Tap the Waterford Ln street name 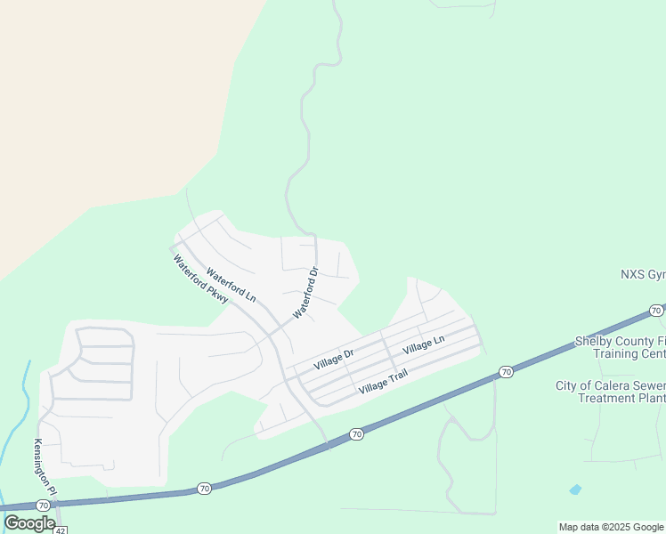point(231,285)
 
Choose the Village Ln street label point(423,344)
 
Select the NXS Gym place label point(643,273)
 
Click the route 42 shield point(60,530)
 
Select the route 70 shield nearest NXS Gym point(655,311)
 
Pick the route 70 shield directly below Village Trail point(357,434)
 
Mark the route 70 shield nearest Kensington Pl point(205,489)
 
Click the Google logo point(29,522)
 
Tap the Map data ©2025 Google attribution point(611,527)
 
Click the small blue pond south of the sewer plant point(575,489)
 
